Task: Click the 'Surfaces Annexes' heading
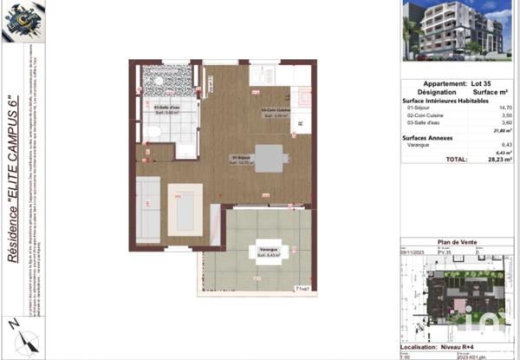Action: coord(428,137)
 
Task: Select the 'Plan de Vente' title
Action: coord(459,245)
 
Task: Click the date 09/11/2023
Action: coord(413,252)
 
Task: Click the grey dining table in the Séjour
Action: coord(268,159)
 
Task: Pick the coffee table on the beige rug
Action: coord(185,208)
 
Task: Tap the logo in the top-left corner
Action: coord(20,22)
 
